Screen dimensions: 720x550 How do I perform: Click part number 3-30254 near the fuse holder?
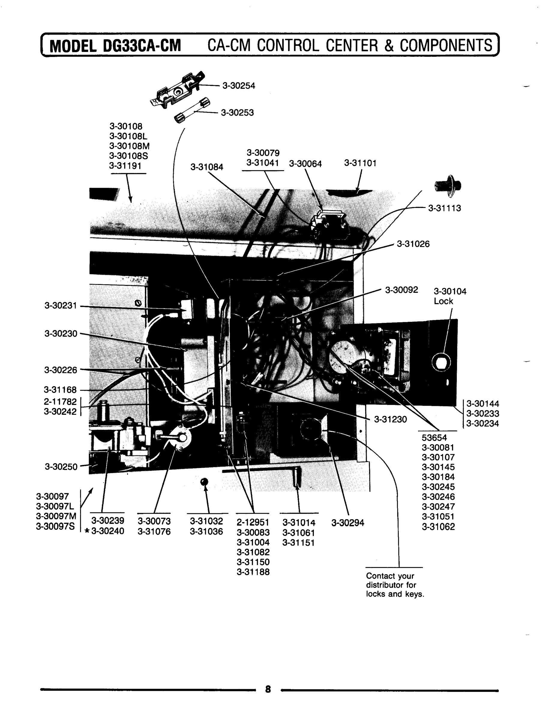click(239, 86)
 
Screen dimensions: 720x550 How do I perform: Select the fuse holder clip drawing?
click(179, 89)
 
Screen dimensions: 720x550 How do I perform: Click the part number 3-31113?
click(444, 208)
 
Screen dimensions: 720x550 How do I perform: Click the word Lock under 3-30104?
click(443, 301)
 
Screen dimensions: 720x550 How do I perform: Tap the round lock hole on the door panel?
click(441, 362)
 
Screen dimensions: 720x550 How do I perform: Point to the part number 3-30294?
click(348, 523)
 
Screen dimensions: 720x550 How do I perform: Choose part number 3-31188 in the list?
click(253, 572)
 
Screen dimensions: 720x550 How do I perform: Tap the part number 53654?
click(434, 438)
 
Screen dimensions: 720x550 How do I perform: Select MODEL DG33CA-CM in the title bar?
click(115, 46)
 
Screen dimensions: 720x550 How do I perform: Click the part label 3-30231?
click(61, 306)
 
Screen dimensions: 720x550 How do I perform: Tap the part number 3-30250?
click(61, 467)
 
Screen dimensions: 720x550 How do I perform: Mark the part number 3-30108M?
click(129, 146)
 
